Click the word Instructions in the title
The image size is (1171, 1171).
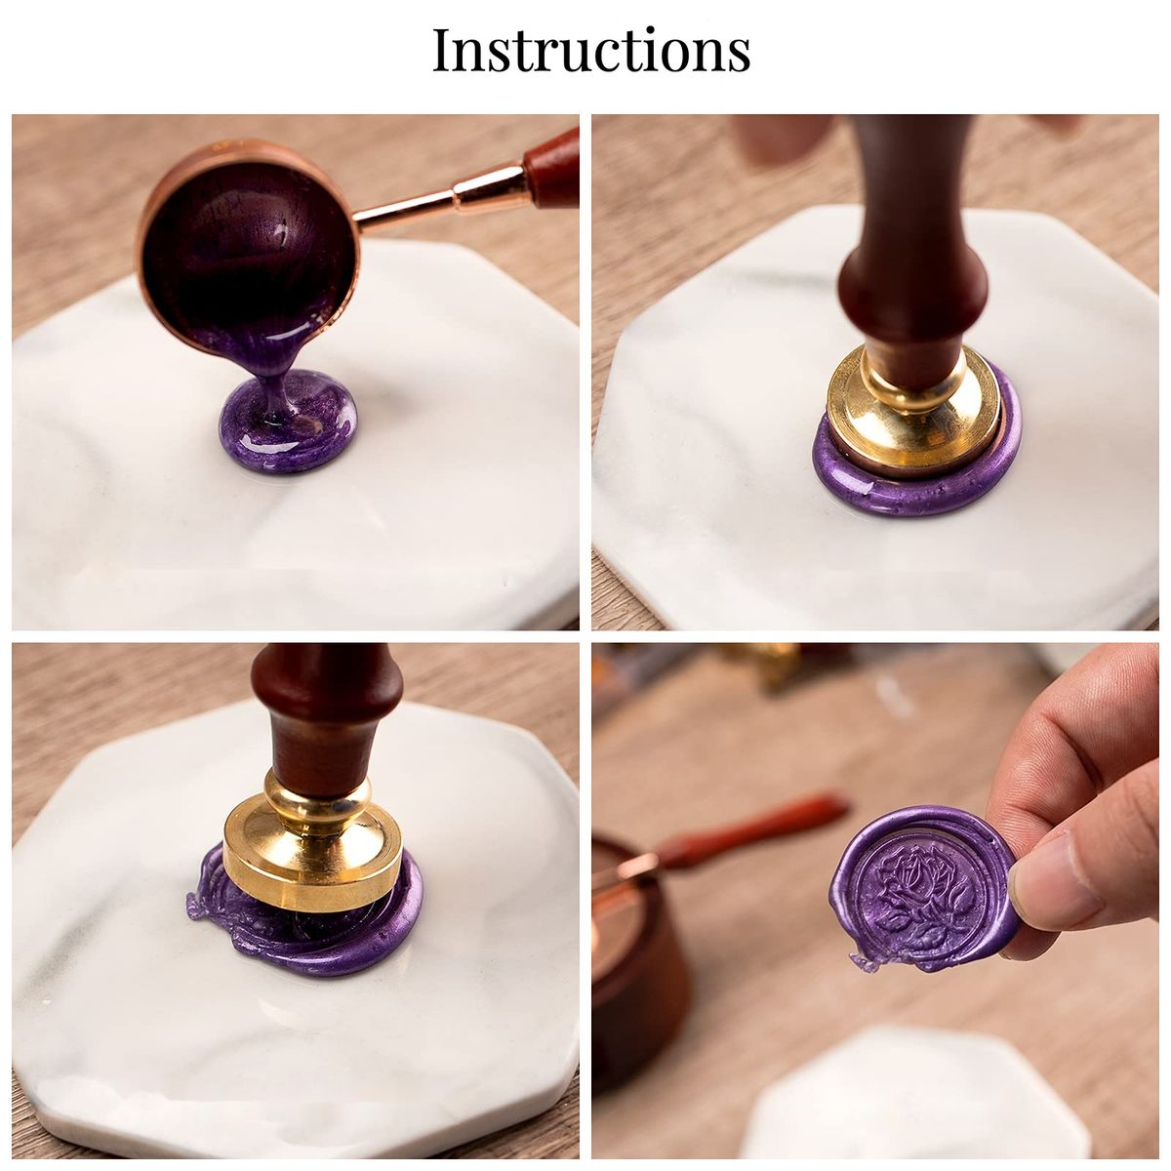pos(590,51)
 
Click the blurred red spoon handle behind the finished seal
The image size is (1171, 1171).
pos(753,828)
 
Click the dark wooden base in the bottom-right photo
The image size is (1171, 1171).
pos(638,948)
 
